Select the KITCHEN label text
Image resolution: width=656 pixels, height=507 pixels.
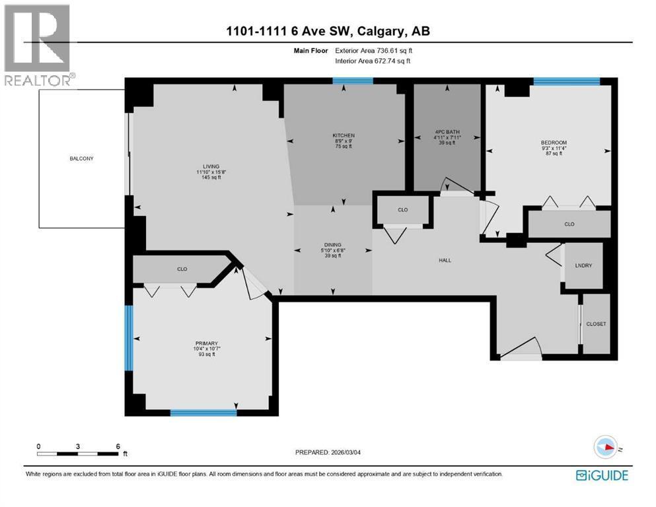(x=344, y=135)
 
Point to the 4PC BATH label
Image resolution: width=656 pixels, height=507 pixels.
(x=446, y=131)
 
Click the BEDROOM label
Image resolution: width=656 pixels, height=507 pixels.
(x=554, y=143)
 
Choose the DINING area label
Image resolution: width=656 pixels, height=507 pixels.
(x=333, y=244)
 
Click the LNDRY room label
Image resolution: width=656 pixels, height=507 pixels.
(x=584, y=265)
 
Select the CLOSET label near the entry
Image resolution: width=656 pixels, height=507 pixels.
(x=595, y=324)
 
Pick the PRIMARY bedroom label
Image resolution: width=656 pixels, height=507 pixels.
(x=202, y=343)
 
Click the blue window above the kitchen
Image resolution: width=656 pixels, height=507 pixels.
(x=352, y=81)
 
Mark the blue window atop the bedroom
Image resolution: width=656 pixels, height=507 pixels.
(x=566, y=81)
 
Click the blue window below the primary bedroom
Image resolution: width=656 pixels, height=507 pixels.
(x=203, y=413)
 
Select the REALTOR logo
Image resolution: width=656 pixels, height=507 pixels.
(x=39, y=45)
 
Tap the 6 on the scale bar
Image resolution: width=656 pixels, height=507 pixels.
(x=118, y=446)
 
